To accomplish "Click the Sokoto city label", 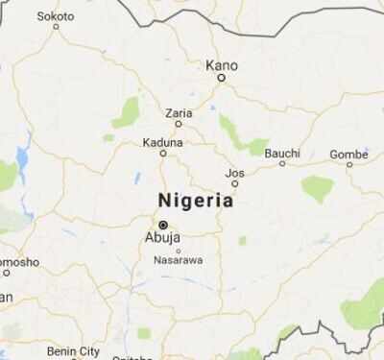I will pyautogui.click(x=56, y=16).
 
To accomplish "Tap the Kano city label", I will pyautogui.click(x=221, y=65).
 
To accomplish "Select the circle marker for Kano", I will pyautogui.click(x=220, y=78).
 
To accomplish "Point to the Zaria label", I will pyautogui.click(x=179, y=113).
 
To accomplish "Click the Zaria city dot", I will pyautogui.click(x=178, y=125).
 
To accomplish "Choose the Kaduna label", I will pyautogui.click(x=162, y=141).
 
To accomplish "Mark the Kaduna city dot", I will pyautogui.click(x=162, y=153).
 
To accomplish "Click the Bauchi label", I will pyautogui.click(x=281, y=152).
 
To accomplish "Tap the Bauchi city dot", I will pyautogui.click(x=281, y=163).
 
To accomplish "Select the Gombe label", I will pyautogui.click(x=348, y=154).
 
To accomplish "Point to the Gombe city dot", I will pyautogui.click(x=348, y=164).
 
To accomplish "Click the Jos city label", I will pyautogui.click(x=234, y=173).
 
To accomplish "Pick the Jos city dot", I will pyautogui.click(x=234, y=183).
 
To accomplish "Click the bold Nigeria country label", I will pyautogui.click(x=195, y=201).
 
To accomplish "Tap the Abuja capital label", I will pyautogui.click(x=161, y=237).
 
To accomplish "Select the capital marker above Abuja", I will pyautogui.click(x=162, y=224).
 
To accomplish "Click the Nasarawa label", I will pyautogui.click(x=178, y=260).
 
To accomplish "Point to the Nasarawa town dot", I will pyautogui.click(x=178, y=251).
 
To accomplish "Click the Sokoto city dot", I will pyautogui.click(x=56, y=27).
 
